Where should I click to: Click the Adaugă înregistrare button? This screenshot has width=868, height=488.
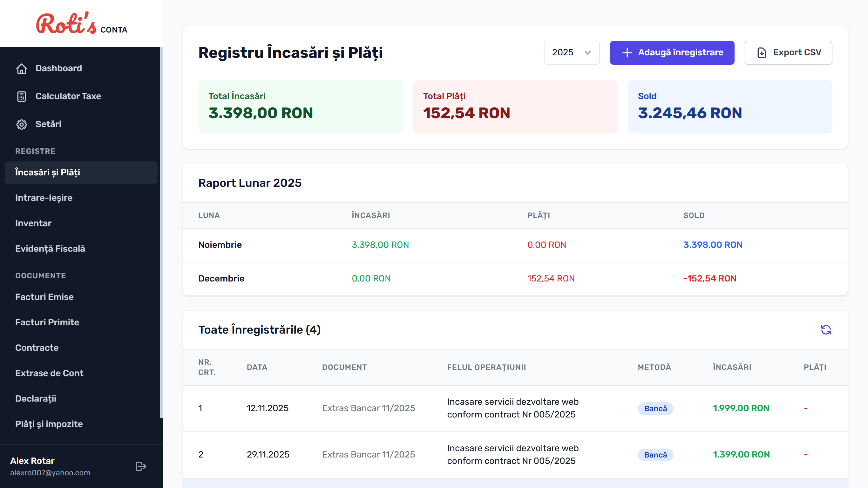coord(672,52)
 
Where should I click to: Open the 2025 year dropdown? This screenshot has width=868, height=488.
coord(572,52)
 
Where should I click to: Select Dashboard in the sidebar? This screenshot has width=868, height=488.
coord(59,68)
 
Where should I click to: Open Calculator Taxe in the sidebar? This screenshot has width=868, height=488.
coord(68,96)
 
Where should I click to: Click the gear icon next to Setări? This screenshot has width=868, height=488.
coord(22,124)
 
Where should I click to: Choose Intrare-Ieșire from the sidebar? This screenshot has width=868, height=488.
coord(44,198)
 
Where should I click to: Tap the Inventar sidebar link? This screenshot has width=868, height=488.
coord(33,223)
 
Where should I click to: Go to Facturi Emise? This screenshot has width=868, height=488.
coord(44,297)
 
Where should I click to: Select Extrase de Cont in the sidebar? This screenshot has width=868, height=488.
coord(49,373)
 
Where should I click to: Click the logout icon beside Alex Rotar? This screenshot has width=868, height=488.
coord(140,466)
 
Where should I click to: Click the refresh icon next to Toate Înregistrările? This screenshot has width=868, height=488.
coord(825,329)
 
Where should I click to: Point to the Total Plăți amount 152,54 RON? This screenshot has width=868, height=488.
coord(466,113)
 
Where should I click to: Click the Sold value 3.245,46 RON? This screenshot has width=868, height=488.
coord(690,113)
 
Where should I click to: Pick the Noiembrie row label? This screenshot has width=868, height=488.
coord(220,245)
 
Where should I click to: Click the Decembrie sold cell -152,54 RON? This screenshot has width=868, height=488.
coord(710,279)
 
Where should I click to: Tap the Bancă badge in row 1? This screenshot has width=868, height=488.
coord(655,409)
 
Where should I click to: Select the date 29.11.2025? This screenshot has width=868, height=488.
coord(268,455)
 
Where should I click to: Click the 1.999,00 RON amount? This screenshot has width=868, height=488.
coord(741,408)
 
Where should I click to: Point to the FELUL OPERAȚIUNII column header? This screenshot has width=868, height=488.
coord(486,367)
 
